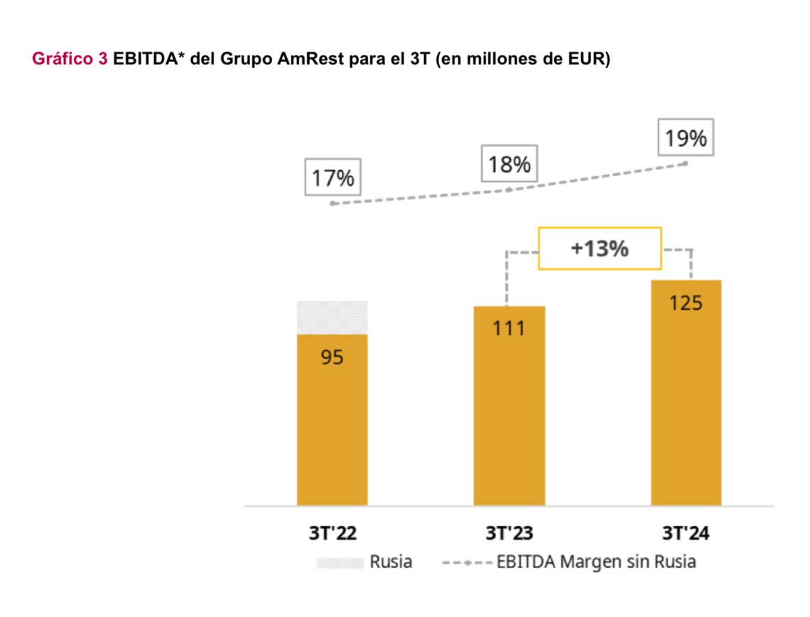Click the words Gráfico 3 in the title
point(70,59)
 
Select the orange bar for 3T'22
point(332,426)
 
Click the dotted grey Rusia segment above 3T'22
point(332,317)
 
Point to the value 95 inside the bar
point(332,357)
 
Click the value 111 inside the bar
point(509,329)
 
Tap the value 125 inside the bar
point(686,303)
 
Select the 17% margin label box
point(333,178)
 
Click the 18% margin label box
point(509,164)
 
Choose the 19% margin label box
point(686,138)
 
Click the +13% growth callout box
point(600,249)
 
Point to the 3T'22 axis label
point(332,533)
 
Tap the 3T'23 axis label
point(509,533)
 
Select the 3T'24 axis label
point(686,533)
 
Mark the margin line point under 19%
point(686,163)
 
